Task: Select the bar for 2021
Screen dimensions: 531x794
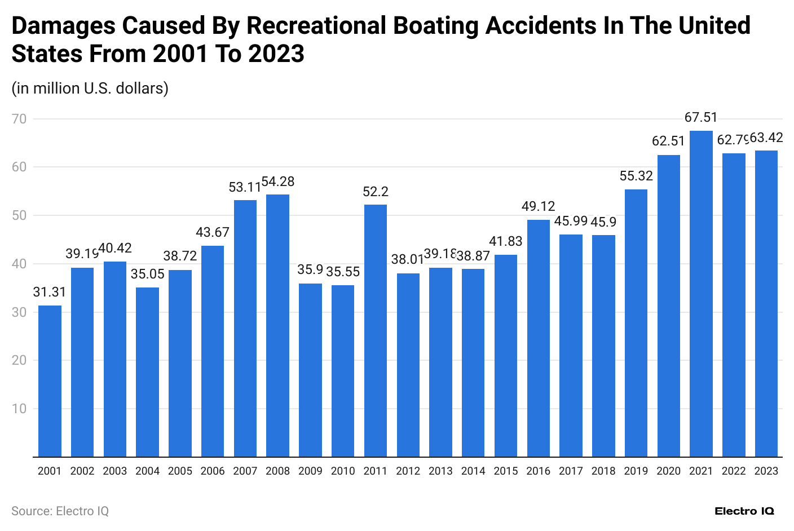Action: click(x=701, y=293)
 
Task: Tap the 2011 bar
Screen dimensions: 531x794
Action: click(x=376, y=330)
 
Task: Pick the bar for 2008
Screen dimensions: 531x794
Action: click(x=277, y=325)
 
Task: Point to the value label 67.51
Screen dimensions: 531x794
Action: click(x=701, y=117)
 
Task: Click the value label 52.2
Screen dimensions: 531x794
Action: click(x=376, y=192)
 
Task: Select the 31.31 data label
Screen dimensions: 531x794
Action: click(x=50, y=292)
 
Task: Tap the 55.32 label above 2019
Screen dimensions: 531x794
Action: click(x=636, y=176)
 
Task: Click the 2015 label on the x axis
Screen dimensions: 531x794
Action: click(x=506, y=471)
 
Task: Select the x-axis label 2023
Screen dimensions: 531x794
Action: click(x=766, y=471)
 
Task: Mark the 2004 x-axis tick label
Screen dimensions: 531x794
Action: click(x=147, y=471)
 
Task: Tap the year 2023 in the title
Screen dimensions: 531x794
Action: click(x=276, y=54)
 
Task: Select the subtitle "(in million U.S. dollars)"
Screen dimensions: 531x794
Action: click(x=90, y=88)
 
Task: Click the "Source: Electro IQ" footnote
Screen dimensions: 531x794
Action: click(x=60, y=511)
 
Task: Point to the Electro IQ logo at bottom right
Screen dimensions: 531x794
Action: click(x=744, y=511)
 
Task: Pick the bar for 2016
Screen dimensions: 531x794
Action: click(x=539, y=338)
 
